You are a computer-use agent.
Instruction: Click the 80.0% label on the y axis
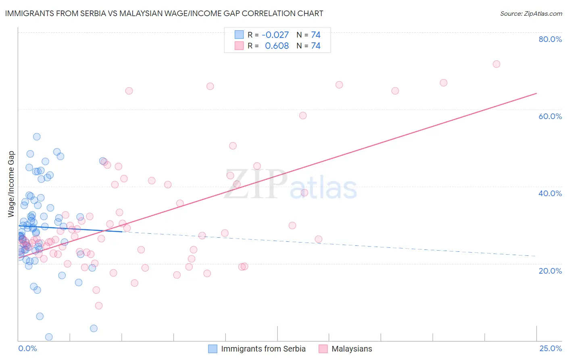[550, 39]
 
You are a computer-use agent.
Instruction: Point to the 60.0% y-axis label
[550, 116]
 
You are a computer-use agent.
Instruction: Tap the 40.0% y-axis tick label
[550, 193]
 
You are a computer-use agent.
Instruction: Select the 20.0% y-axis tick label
[550, 270]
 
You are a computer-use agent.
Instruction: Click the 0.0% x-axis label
[27, 348]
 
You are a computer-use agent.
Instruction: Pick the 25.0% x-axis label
[550, 348]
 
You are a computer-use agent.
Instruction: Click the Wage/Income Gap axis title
[11, 184]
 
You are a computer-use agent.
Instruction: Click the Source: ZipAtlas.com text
[531, 13]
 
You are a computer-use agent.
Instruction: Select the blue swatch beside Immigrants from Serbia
[213, 349]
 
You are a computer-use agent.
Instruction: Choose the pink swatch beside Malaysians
[323, 349]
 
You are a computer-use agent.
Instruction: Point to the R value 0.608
[277, 46]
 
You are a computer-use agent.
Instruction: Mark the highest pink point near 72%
[496, 64]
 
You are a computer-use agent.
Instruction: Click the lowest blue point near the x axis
[49, 337]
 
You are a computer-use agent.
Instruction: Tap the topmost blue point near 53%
[37, 137]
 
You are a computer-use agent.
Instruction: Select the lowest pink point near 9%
[99, 306]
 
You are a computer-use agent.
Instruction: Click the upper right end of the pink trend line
[536, 93]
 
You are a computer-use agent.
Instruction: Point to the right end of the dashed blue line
[536, 256]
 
